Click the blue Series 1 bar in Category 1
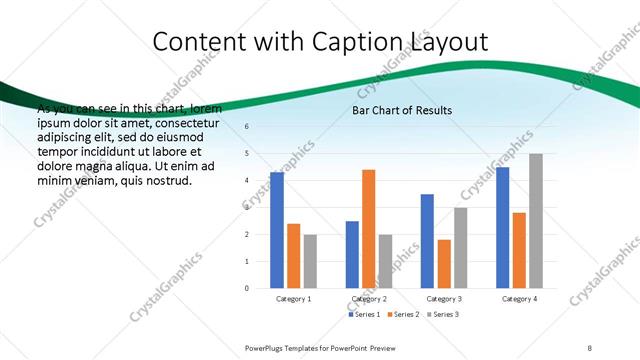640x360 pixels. click(x=277, y=230)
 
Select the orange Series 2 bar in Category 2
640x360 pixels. click(x=369, y=228)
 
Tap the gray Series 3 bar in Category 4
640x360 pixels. click(x=536, y=220)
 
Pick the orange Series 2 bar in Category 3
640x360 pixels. click(x=444, y=264)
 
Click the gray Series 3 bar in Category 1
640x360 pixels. click(x=311, y=261)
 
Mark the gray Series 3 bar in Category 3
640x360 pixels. click(x=461, y=247)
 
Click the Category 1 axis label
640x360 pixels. click(x=294, y=299)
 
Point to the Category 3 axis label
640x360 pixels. click(x=444, y=299)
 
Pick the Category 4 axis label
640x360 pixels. click(x=519, y=299)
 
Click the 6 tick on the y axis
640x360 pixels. click(x=247, y=126)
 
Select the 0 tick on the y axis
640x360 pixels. click(x=247, y=288)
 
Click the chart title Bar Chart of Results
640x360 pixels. click(x=402, y=110)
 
